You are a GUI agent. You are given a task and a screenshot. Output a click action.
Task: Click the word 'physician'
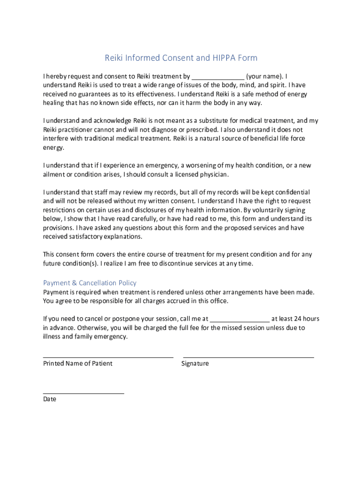pyautogui.click(x=211, y=175)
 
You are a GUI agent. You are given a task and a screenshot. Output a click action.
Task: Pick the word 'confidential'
pyautogui.click(x=290, y=193)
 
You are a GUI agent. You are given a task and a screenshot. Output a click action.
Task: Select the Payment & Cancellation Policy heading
pyautogui.click(x=90, y=283)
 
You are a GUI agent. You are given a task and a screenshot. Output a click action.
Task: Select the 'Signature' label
pyautogui.click(x=195, y=364)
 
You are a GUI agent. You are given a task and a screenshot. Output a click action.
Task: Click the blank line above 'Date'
pyautogui.click(x=84, y=393)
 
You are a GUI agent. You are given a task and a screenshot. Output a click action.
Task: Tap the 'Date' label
pyautogui.click(x=49, y=399)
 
